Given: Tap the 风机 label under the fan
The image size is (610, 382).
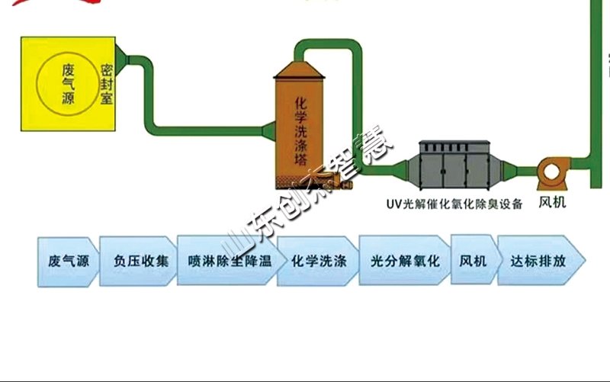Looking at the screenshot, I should point(553,204).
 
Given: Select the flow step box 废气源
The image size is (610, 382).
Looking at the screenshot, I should point(68,261).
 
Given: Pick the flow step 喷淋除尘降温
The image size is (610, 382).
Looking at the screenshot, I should point(228,261).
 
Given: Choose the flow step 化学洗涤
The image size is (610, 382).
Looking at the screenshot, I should point(319,261).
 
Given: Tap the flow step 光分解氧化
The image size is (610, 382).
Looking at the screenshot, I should point(405,261).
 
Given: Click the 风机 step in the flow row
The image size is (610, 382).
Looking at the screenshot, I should point(473,261).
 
